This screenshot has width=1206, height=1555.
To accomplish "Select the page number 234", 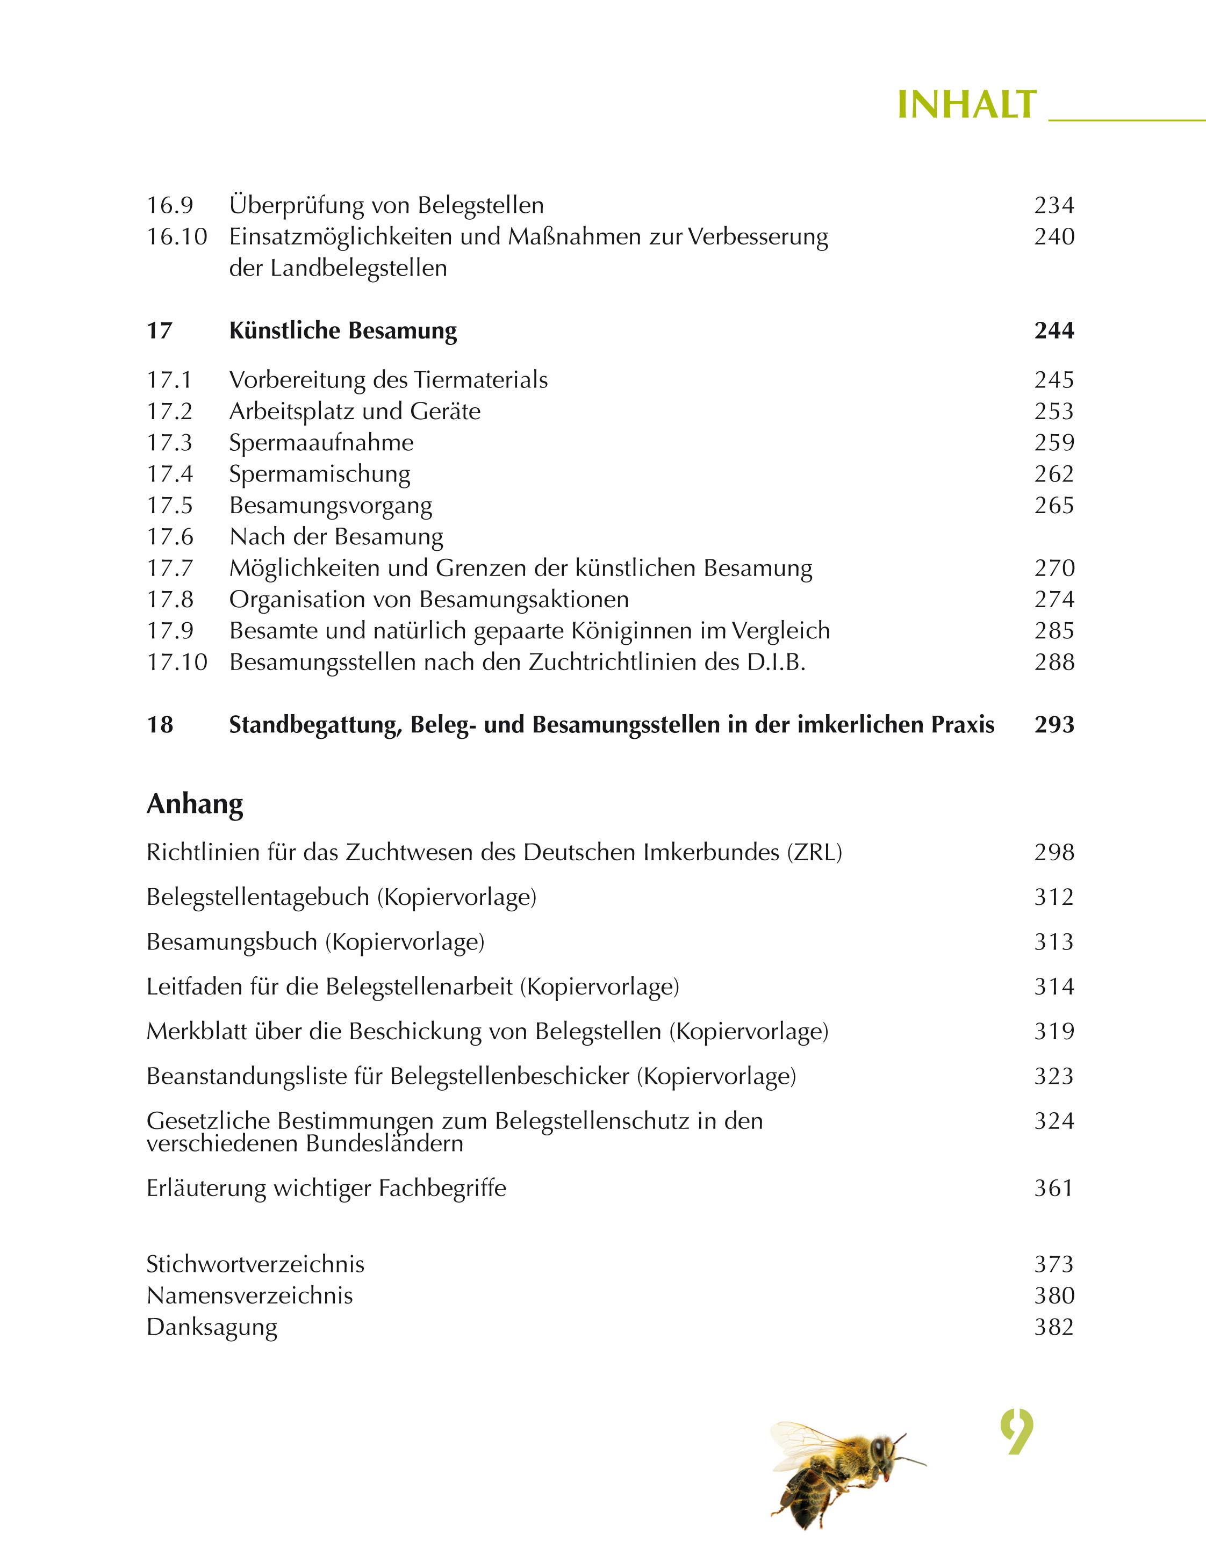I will click(x=1053, y=206).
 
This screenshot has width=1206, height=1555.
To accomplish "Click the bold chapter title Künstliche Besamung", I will click(x=343, y=331).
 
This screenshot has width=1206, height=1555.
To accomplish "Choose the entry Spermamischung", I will click(x=319, y=474).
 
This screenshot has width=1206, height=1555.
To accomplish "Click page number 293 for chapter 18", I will click(x=1053, y=725).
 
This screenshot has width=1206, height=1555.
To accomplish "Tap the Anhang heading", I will click(x=195, y=804).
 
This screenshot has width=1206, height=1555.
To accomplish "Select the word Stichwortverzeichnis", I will click(x=255, y=1264).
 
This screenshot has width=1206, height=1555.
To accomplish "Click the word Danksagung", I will click(x=212, y=1327).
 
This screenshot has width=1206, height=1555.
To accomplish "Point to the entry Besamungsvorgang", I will click(x=331, y=506).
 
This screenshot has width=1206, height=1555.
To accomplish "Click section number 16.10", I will click(x=177, y=236).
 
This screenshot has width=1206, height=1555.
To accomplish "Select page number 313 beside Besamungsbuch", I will click(x=1053, y=942).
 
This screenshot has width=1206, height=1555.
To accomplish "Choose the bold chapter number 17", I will click(x=160, y=331).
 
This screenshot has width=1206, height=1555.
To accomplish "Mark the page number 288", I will click(x=1053, y=662).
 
